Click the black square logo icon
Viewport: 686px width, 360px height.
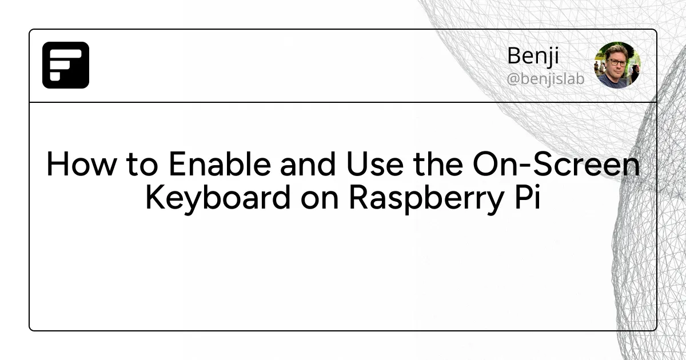coord(66,65)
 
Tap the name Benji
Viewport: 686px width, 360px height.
coord(533,57)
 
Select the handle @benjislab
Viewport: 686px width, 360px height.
coord(546,79)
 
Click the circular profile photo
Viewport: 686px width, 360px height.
coord(617,65)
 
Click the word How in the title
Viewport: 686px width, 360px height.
coord(81,165)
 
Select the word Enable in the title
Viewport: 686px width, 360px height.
coord(220,165)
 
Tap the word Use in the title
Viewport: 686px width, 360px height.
coord(375,165)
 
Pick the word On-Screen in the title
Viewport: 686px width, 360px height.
coord(556,165)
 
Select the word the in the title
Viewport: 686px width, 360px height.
coord(438,165)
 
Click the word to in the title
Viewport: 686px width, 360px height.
coord(142,166)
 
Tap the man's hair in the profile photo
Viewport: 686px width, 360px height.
coord(616,50)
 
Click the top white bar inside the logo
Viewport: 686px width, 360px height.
coord(66,53)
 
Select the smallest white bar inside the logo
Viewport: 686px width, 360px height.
coord(55,77)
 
